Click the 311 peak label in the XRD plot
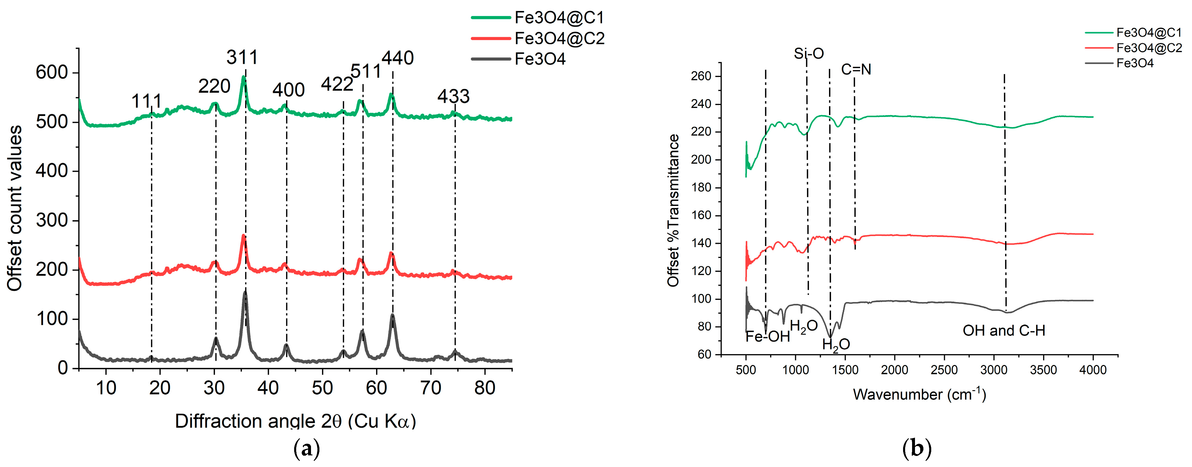tap(242, 58)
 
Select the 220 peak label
tap(214, 86)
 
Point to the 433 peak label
tap(454, 96)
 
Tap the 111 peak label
tap(147, 101)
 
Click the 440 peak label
tap(398, 58)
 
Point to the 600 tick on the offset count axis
tap(51, 72)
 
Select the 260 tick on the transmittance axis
tap(701, 76)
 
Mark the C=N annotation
tap(856, 69)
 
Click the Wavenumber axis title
tap(919, 394)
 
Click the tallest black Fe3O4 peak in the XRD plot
tap(245, 293)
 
